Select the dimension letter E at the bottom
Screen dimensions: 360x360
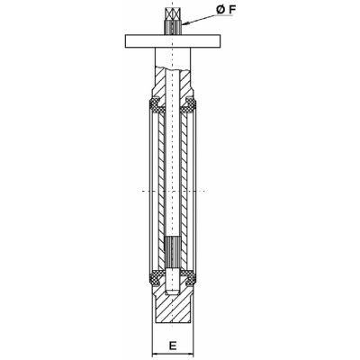point(171,343)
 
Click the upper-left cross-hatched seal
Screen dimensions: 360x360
point(153,109)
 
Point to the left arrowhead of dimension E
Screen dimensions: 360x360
point(149,353)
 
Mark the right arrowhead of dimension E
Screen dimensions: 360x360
point(193,353)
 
